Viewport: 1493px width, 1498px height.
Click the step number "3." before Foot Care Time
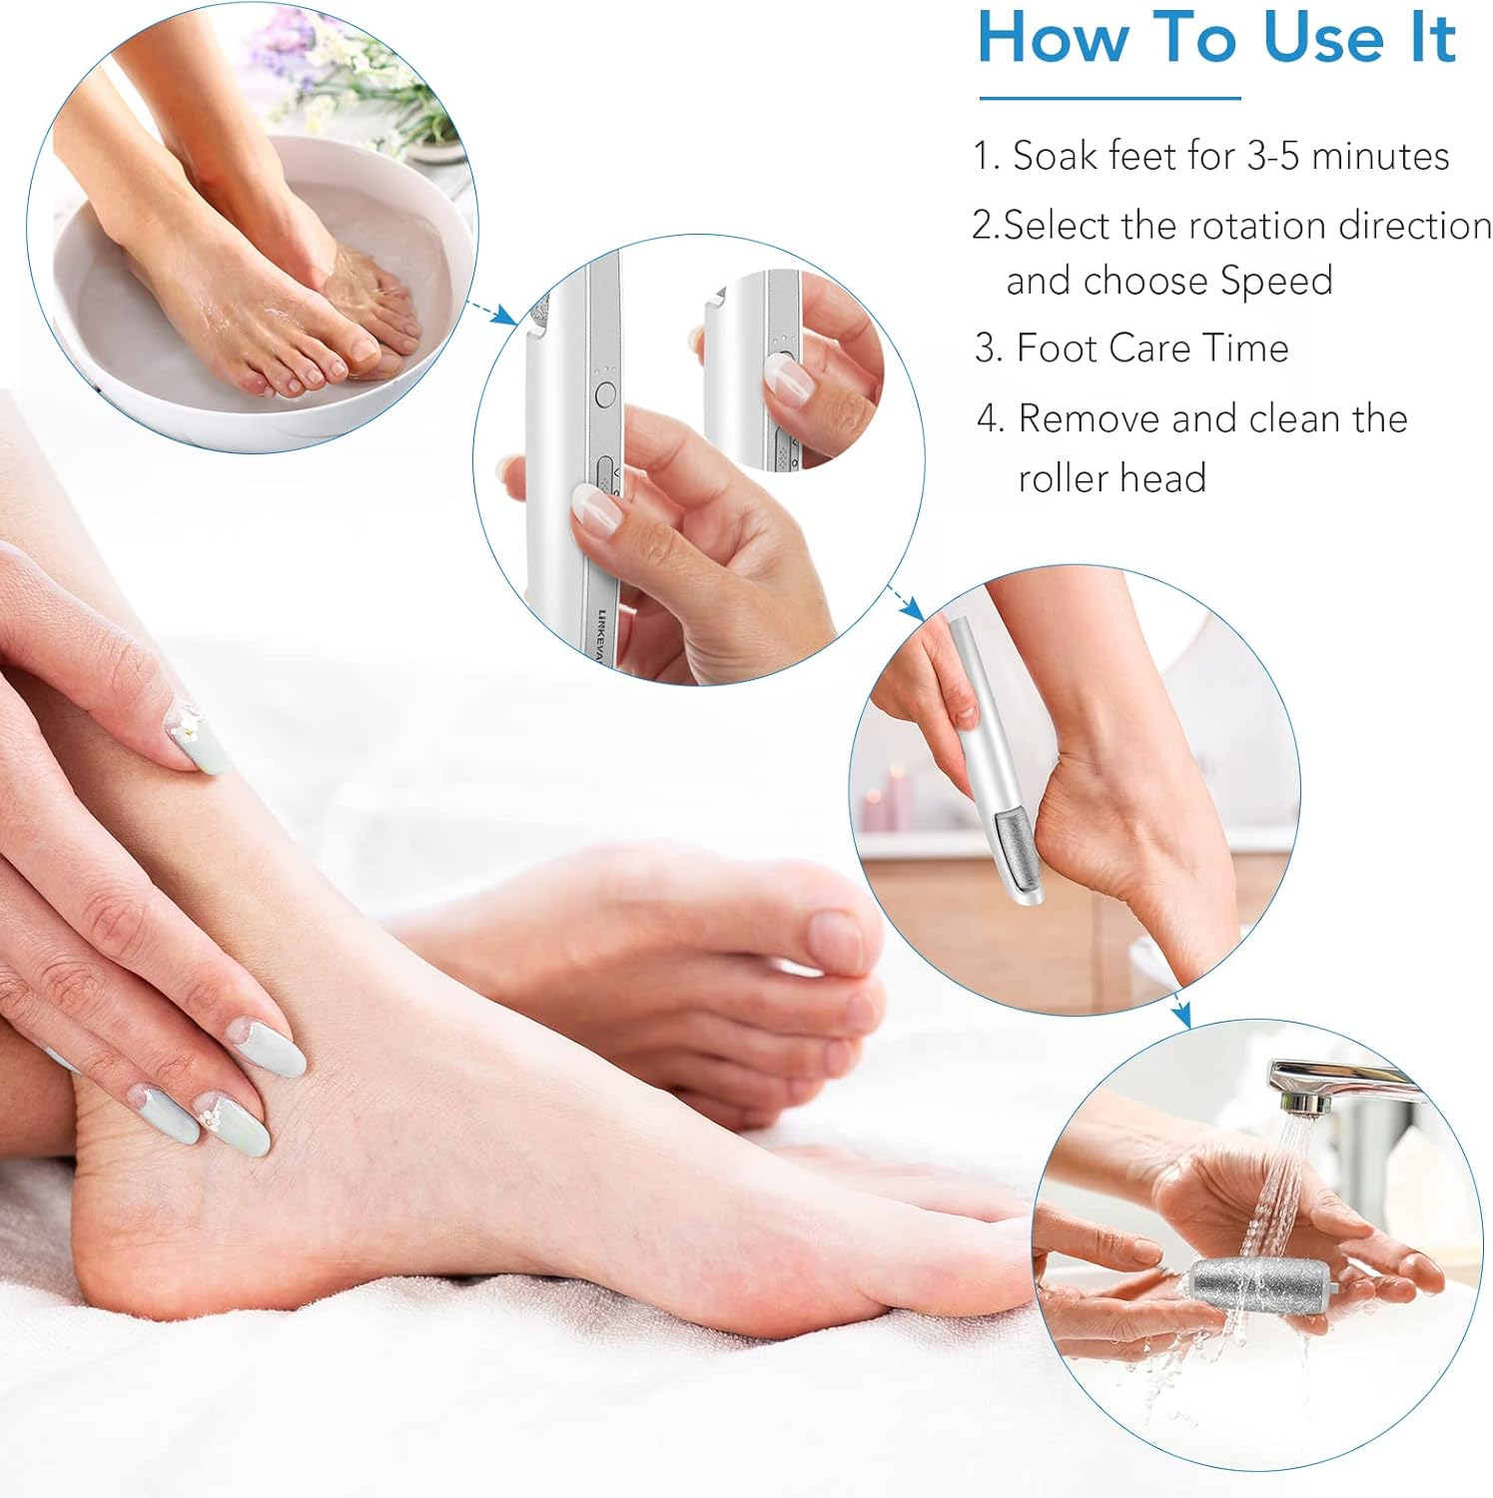[x=989, y=349]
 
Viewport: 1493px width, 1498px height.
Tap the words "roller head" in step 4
[x=1112, y=478]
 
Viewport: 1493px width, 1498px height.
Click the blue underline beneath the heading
[x=1110, y=98]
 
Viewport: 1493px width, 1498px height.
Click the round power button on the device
[x=604, y=394]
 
